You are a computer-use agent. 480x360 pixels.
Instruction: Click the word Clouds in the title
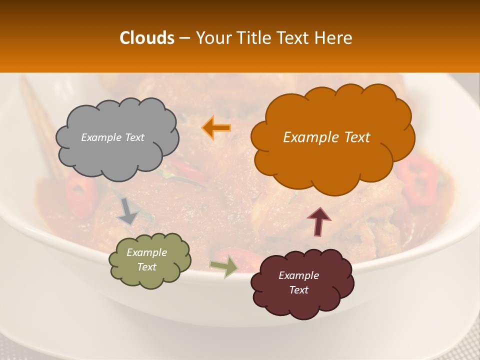point(147,38)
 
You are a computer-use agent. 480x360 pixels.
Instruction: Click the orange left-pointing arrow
point(216,128)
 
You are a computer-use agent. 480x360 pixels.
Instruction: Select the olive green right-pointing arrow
point(224,266)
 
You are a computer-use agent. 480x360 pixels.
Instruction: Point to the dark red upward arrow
point(319,220)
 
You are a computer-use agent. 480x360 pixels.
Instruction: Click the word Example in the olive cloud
point(146,253)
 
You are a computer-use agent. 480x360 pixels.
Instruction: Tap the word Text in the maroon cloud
point(298,290)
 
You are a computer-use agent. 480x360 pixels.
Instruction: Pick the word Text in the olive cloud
point(146,267)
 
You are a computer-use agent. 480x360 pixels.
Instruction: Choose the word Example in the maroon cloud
point(298,275)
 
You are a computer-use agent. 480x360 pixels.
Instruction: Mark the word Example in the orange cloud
point(310,137)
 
